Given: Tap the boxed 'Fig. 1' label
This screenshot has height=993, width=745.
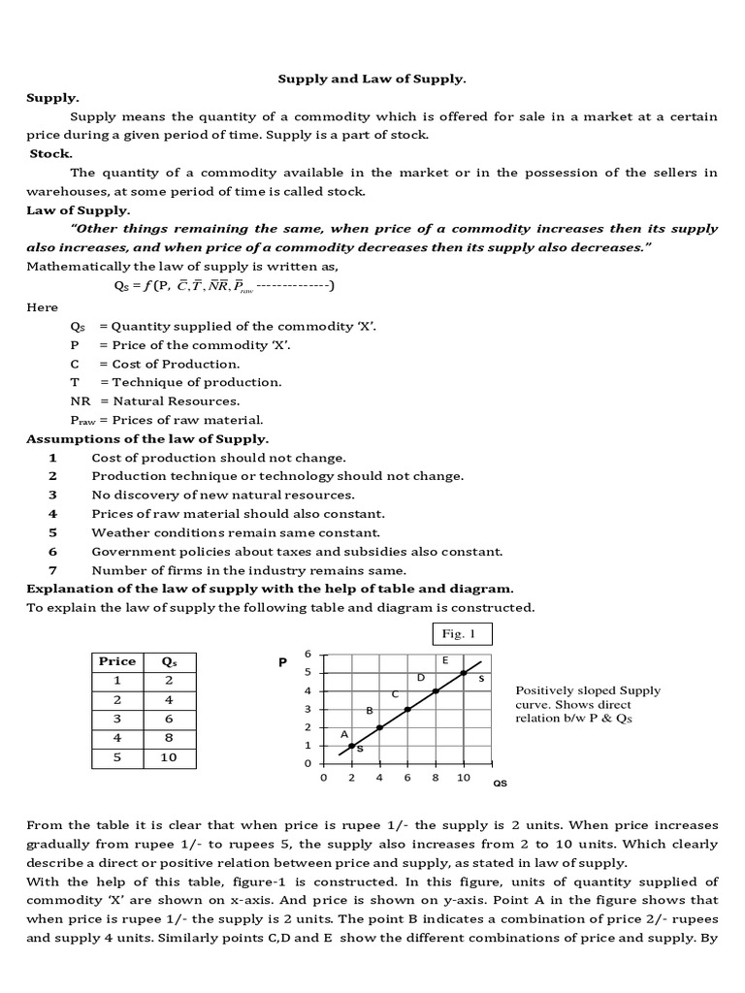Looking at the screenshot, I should click(x=461, y=634).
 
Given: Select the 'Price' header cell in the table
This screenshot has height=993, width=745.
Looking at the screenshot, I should click(x=117, y=661).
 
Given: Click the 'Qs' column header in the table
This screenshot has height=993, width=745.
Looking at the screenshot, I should click(x=169, y=661).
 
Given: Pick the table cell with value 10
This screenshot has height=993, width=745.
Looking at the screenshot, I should click(x=169, y=757).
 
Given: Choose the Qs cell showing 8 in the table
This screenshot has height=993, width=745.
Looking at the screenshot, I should click(x=169, y=738).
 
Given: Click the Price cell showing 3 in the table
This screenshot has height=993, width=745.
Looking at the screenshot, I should click(x=117, y=719).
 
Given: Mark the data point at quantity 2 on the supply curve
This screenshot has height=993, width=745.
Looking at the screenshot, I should click(x=352, y=746).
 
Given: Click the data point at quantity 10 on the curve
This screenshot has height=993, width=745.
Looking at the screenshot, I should click(x=464, y=673).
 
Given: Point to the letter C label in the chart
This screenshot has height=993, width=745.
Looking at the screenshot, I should click(x=395, y=694).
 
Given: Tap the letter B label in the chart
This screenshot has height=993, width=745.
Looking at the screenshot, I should click(x=370, y=712).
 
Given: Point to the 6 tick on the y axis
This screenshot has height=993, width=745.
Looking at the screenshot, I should click(x=308, y=654).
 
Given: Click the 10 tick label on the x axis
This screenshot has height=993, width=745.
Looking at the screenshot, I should click(x=464, y=778).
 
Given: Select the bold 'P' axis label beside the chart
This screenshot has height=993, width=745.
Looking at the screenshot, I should click(x=283, y=664).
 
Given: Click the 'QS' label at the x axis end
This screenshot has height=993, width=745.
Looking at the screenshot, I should click(x=501, y=781).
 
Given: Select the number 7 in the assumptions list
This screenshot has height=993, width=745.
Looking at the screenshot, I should click(x=53, y=570).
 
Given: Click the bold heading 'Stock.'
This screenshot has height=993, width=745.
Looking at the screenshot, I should click(x=51, y=153).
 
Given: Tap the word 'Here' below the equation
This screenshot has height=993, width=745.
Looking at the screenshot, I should click(x=42, y=306).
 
